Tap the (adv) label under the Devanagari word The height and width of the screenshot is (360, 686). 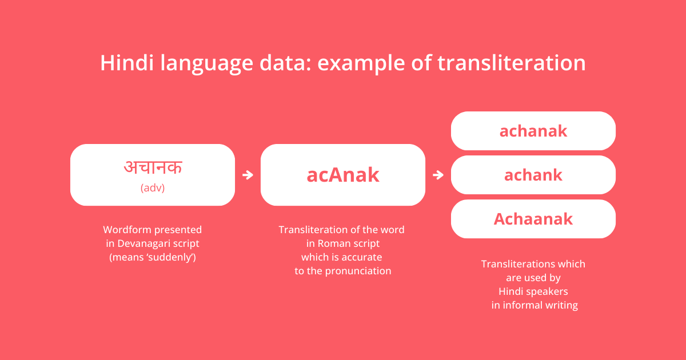click(153, 187)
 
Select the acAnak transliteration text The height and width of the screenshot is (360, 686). click(342, 175)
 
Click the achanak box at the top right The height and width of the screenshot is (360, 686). click(533, 131)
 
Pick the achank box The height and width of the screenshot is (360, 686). click(533, 175)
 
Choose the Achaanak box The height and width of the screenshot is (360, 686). click(533, 219)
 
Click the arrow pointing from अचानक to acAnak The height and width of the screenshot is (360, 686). click(248, 175)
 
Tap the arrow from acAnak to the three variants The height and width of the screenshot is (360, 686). click(438, 175)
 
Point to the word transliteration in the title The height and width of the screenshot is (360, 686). click(512, 63)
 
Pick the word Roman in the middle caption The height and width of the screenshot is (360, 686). click(335, 243)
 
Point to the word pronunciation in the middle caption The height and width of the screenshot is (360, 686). click(358, 271)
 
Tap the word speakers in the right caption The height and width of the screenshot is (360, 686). click(547, 291)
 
